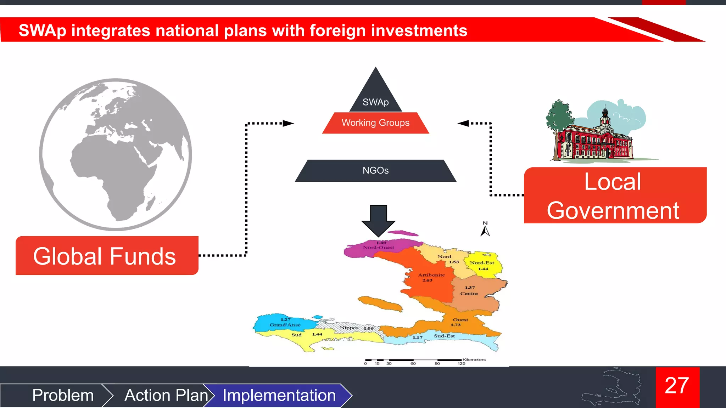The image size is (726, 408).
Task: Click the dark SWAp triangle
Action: [x=376, y=96]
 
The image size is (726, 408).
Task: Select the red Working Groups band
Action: [x=375, y=123]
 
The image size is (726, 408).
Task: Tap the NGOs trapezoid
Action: [x=375, y=171]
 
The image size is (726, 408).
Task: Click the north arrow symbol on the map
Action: [x=485, y=229]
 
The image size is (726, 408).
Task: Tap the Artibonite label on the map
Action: [x=431, y=275]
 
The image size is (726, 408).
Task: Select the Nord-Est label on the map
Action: [x=482, y=263]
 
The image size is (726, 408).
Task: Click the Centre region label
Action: [x=469, y=294]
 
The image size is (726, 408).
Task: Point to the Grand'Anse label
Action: [x=285, y=325]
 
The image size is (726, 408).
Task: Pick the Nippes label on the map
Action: [x=349, y=328]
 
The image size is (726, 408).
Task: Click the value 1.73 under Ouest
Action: [x=456, y=325]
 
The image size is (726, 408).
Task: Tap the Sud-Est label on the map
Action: [x=444, y=336]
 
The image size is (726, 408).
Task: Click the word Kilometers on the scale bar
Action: [x=474, y=359]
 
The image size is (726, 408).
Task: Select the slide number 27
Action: [x=677, y=386]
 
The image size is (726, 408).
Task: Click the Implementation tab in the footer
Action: [x=279, y=395]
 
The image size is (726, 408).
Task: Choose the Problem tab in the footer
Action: [x=63, y=395]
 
